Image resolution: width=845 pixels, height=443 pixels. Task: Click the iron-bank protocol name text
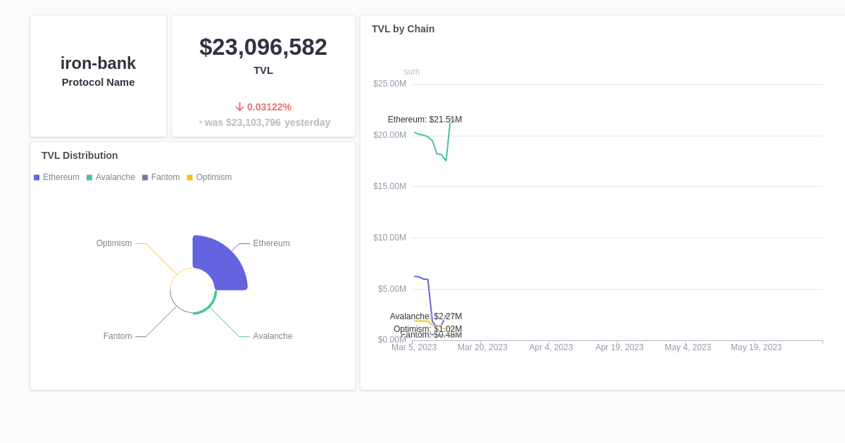(98, 63)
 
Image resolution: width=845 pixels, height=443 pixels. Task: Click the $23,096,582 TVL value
(263, 47)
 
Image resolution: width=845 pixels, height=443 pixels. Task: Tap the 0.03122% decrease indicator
(263, 107)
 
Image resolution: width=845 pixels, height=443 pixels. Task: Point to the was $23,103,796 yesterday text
(265, 122)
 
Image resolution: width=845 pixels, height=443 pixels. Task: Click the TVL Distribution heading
(80, 155)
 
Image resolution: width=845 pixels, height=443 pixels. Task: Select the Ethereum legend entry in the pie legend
(56, 177)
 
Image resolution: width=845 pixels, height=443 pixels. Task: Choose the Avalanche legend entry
(111, 177)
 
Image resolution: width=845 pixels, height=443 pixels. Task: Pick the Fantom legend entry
(161, 177)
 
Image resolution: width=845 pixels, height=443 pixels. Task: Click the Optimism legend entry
(209, 177)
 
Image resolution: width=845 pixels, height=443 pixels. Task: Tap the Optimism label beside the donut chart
(114, 243)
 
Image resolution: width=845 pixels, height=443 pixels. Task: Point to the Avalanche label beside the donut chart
(273, 336)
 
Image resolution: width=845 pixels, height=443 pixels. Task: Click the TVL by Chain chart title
(403, 29)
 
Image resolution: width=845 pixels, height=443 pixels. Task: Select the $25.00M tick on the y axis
(389, 84)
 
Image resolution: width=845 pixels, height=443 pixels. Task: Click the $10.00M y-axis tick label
(389, 238)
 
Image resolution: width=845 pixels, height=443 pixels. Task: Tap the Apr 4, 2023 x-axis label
(551, 347)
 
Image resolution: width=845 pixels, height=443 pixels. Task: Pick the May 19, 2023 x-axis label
(756, 347)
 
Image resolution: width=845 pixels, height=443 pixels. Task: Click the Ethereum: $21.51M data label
(425, 120)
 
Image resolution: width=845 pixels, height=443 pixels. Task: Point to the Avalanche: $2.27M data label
(425, 316)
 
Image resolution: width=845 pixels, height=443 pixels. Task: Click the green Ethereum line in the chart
(430, 140)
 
